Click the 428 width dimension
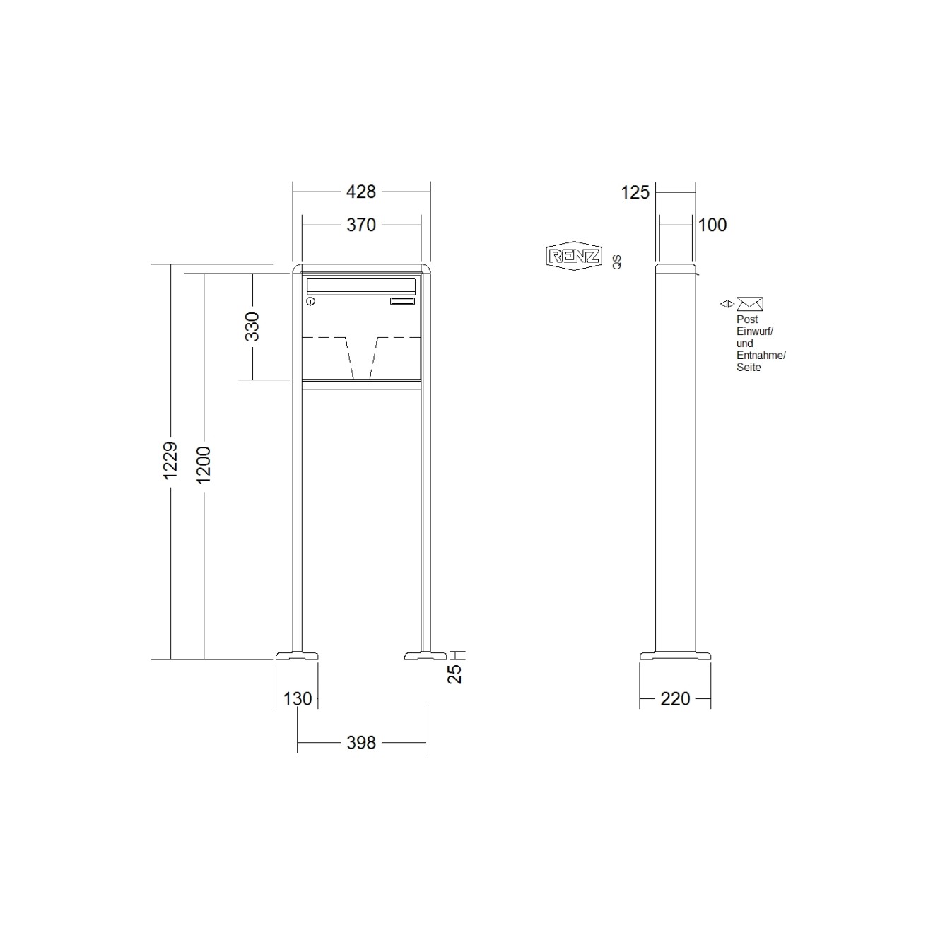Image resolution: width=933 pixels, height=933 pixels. tap(361, 191)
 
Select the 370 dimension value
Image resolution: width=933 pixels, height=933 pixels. tap(361, 225)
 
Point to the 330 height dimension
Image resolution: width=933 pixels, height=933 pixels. tap(252, 327)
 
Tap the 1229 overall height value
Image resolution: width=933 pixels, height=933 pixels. tap(170, 462)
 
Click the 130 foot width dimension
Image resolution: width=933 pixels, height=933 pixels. tap(298, 699)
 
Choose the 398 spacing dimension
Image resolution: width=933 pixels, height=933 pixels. tap(361, 743)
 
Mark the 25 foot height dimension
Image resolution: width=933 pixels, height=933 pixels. tap(456, 674)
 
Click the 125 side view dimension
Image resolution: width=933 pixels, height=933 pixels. tap(635, 192)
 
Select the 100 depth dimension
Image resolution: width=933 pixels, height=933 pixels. tap(712, 225)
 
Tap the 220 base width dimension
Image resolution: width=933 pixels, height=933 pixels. tap(675, 699)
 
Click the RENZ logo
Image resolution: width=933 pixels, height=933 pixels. tap(573, 256)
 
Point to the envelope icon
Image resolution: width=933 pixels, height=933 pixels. tap(749, 304)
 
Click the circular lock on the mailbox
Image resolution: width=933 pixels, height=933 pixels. tap(310, 302)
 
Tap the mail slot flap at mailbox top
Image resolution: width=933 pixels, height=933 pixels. tap(360, 286)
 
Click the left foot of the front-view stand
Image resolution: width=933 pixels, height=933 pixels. tap(297, 655)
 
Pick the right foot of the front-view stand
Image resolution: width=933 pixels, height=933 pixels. tap(426, 655)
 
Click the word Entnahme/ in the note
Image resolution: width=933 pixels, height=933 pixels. tap(761, 356)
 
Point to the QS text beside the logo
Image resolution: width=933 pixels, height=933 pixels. tap(617, 262)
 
